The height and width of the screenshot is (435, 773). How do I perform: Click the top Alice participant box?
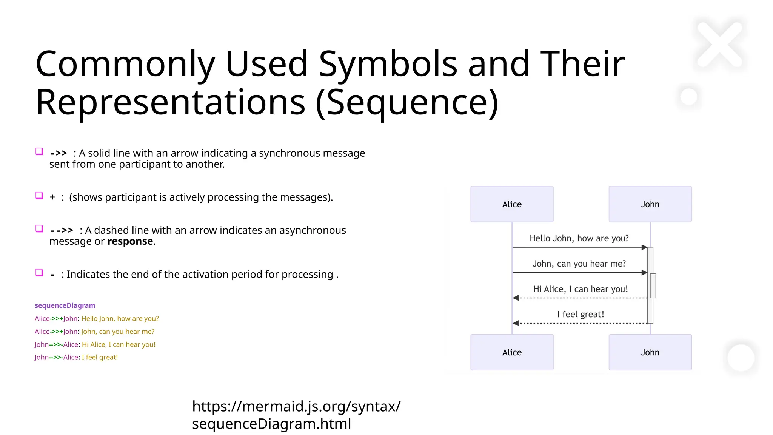click(x=512, y=204)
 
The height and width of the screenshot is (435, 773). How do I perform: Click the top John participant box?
click(x=650, y=204)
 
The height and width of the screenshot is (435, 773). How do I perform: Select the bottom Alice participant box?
click(x=512, y=352)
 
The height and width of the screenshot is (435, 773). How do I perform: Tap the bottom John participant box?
click(x=650, y=352)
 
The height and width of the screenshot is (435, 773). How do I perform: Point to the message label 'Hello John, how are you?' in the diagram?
click(x=579, y=238)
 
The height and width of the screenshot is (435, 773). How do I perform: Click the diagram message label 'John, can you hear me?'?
click(x=579, y=264)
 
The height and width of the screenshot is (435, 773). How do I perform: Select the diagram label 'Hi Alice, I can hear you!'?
click(x=581, y=289)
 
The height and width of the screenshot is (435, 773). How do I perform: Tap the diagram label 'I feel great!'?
click(x=581, y=314)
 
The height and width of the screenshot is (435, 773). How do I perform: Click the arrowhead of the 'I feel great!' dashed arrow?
click(x=516, y=323)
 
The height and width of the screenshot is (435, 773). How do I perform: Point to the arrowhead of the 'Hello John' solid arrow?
click(x=644, y=247)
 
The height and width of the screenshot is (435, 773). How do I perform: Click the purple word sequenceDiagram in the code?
click(x=65, y=305)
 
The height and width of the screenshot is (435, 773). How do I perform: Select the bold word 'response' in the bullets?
click(x=130, y=241)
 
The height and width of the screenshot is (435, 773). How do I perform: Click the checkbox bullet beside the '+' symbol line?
click(x=39, y=196)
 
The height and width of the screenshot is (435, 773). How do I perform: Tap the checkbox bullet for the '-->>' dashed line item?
click(x=39, y=229)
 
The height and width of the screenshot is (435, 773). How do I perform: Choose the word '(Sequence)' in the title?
click(x=407, y=102)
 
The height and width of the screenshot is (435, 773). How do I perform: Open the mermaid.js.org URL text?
click(x=296, y=415)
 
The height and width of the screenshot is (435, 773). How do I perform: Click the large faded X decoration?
click(x=720, y=45)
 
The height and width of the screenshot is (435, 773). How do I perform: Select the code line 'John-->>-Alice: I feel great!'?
click(x=76, y=357)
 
